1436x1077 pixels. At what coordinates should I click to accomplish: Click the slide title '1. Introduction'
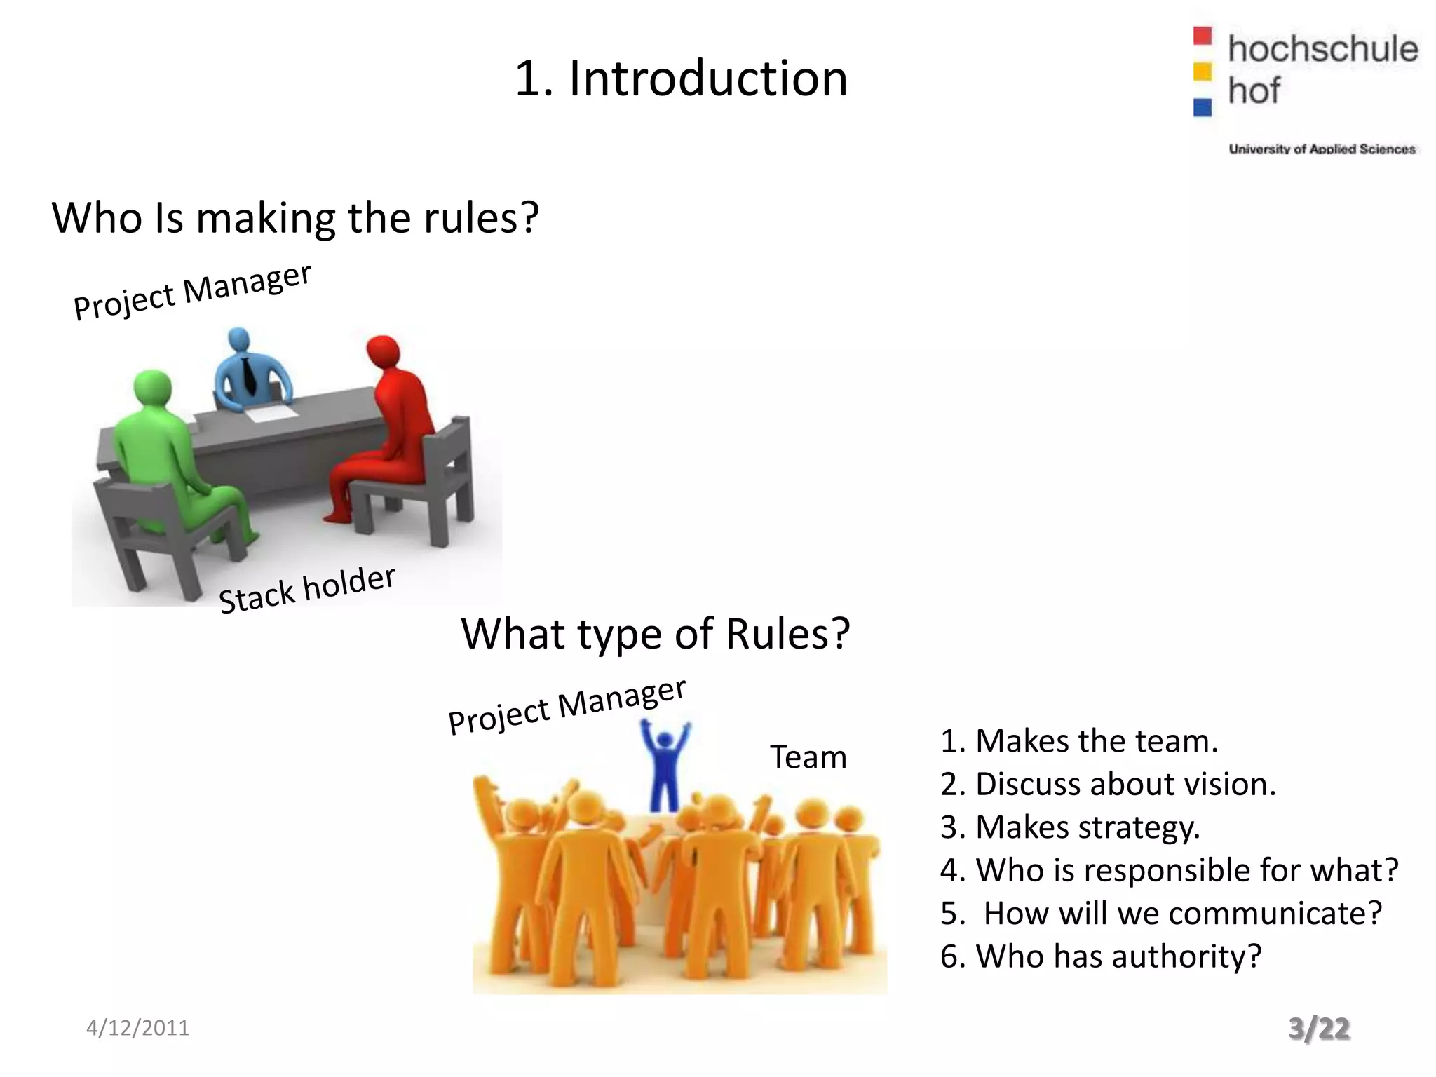[x=681, y=79]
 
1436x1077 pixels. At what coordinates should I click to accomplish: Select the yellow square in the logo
[x=1203, y=72]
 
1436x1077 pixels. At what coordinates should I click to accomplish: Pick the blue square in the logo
[x=1203, y=107]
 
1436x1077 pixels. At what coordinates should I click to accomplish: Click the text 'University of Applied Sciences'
[x=1322, y=149]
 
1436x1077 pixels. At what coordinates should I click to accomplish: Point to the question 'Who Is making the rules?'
[x=295, y=218]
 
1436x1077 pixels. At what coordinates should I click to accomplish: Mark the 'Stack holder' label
[x=307, y=590]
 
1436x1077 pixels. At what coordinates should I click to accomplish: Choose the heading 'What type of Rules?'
[x=656, y=634]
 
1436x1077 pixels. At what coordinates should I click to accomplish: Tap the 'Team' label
[x=808, y=757]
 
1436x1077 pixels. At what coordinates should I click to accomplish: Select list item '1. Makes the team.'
[x=1079, y=741]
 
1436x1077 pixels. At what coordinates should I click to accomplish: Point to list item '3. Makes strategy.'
[x=1070, y=827]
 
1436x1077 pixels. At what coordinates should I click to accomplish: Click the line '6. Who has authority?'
[x=1101, y=956]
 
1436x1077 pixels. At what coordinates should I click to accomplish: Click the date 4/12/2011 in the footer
[x=137, y=1028]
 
